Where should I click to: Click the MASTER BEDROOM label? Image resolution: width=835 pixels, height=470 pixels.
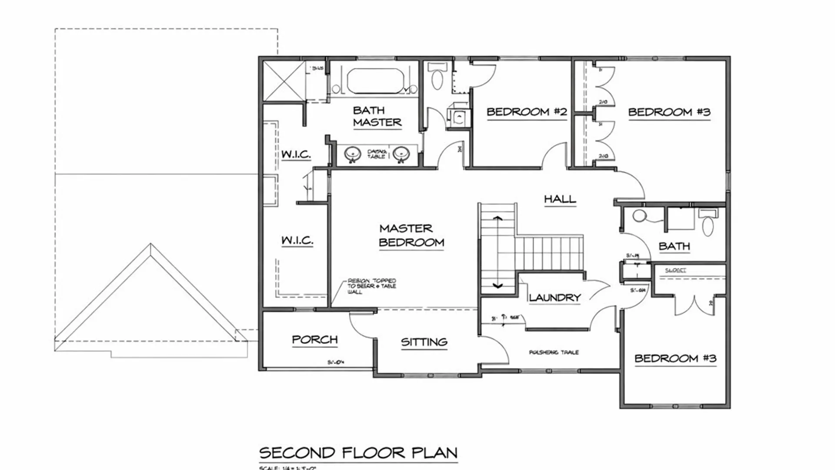pyautogui.click(x=411, y=235)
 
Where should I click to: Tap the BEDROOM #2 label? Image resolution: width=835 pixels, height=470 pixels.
pyautogui.click(x=527, y=112)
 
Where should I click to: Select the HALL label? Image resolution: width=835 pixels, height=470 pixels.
pyautogui.click(x=560, y=199)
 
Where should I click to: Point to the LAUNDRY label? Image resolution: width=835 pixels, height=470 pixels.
pyautogui.click(x=555, y=298)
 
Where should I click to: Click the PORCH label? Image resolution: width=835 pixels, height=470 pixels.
pyautogui.click(x=314, y=339)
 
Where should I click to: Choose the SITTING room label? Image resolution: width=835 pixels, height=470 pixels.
pyautogui.click(x=424, y=342)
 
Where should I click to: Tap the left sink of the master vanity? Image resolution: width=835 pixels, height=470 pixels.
pyautogui.click(x=353, y=154)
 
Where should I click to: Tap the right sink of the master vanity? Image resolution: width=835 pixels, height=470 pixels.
pyautogui.click(x=401, y=154)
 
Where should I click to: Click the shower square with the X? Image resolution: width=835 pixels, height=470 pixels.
pyautogui.click(x=284, y=81)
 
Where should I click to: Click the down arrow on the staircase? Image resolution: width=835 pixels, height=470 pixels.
pyautogui.click(x=498, y=286)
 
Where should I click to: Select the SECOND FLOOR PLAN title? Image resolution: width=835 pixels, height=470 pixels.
pyautogui.click(x=358, y=453)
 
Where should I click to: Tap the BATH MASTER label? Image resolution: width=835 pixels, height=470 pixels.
pyautogui.click(x=377, y=117)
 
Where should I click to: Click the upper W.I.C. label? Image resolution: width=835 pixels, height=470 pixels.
pyautogui.click(x=296, y=154)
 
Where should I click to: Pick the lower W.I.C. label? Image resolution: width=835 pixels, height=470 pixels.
pyautogui.click(x=297, y=240)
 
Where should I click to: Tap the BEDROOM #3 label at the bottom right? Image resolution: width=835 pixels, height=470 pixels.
pyautogui.click(x=675, y=359)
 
